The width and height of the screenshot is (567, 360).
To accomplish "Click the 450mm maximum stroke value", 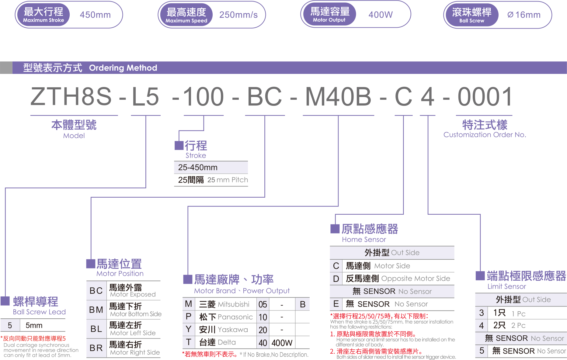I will pos(95,15).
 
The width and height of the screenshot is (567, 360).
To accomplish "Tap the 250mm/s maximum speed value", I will pos(238,15).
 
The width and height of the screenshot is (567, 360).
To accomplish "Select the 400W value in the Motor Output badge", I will pos(380,15).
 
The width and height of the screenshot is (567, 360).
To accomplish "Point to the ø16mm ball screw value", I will pos(524,15).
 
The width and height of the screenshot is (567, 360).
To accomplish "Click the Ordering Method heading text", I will pos(123,68).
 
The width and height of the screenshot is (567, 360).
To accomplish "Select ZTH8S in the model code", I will pos(71,97).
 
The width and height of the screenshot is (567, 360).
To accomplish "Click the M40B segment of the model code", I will pos(338,97).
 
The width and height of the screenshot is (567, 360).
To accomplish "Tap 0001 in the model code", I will pos(485,97).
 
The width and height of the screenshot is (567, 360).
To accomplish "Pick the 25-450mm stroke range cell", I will pos(198,168).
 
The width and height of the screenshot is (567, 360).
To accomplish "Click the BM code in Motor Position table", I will pos(96,310).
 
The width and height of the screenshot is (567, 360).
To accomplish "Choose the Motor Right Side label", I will pos(135,352).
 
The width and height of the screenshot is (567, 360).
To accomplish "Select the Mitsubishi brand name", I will pos(234,304).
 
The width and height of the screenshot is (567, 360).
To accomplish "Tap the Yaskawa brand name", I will pos(233,330).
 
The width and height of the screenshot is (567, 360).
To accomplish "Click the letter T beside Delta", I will pos(189,342).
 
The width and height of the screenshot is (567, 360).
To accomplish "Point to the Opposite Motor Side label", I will pos(416,279).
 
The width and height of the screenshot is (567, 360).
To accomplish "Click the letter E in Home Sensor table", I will pos(336,304).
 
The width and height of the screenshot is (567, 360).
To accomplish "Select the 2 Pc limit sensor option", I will pos(518,325).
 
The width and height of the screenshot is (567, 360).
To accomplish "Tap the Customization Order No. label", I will pos(485,135).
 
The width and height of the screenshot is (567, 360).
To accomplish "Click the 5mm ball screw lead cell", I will pos(34,325).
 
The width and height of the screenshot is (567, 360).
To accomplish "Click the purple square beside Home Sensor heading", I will pos(335,229).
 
